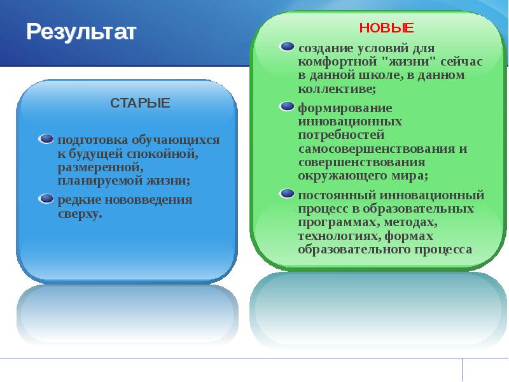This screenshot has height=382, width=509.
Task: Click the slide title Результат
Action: coord(81,31)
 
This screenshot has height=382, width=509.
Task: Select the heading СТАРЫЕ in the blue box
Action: coord(140,103)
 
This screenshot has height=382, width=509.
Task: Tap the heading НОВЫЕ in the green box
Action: coord(386,27)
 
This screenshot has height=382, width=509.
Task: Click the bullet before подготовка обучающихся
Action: coord(46,138)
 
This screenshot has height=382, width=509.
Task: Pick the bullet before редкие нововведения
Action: coord(46,199)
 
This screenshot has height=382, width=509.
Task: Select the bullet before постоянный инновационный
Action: coord(288,192)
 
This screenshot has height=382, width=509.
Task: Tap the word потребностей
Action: coord(341,134)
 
